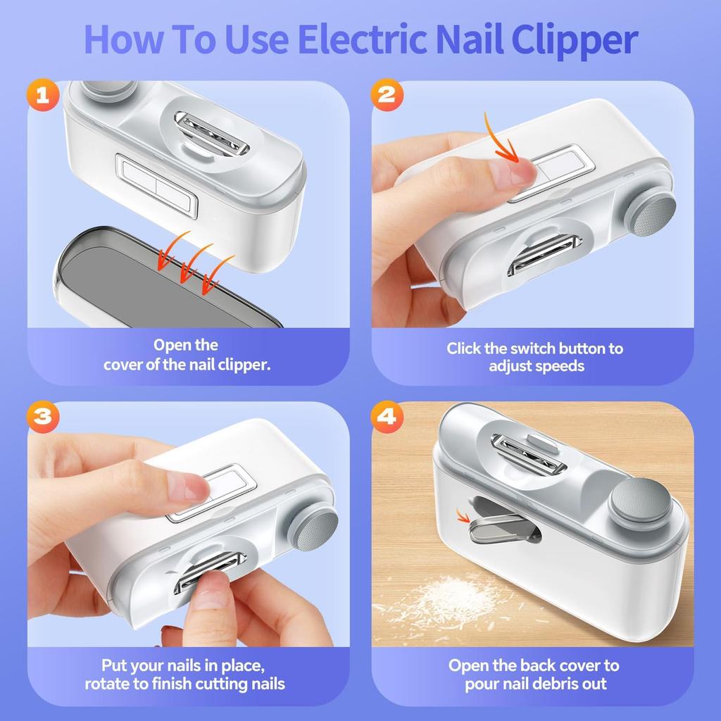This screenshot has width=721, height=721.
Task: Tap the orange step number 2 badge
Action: [x=387, y=95]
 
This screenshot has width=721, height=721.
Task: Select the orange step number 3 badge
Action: [x=43, y=415]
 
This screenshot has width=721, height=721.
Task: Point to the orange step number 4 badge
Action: [x=387, y=415]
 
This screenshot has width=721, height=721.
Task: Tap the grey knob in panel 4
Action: [x=639, y=501]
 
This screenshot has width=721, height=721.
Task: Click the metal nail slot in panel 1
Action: [x=211, y=134]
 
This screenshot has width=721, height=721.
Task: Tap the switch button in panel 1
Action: [x=156, y=186]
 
